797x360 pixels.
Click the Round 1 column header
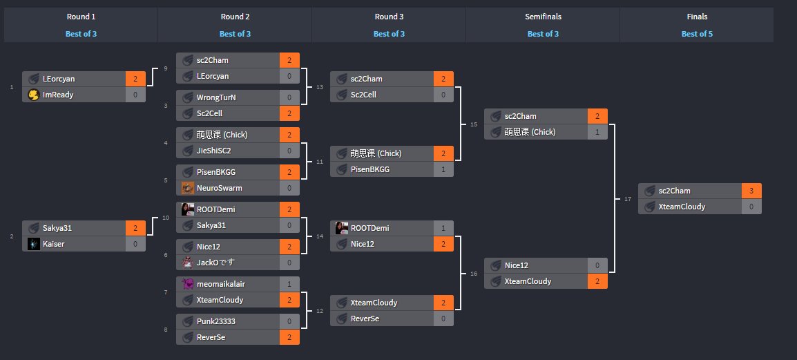click(x=81, y=17)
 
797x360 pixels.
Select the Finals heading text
click(x=696, y=17)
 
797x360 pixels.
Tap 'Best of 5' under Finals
click(x=696, y=33)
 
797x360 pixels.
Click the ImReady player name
click(x=58, y=95)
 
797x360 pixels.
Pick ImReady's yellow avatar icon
click(x=33, y=95)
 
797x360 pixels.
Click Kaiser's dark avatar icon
click(x=33, y=244)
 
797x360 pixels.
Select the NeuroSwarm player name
click(x=219, y=188)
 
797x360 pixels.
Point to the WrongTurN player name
click(x=216, y=97)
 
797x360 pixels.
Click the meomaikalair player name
click(x=221, y=284)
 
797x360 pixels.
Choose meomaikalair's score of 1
click(x=289, y=284)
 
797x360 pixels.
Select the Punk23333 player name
click(x=215, y=321)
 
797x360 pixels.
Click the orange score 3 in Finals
click(x=751, y=191)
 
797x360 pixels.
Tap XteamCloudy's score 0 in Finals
click(x=751, y=207)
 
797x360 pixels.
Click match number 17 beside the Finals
click(x=627, y=199)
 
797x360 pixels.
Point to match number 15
click(x=473, y=124)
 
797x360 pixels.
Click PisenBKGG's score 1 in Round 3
click(x=443, y=169)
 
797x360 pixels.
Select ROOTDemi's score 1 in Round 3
click(x=443, y=228)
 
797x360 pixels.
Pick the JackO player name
click(x=215, y=263)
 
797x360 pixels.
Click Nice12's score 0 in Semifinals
click(x=597, y=265)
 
